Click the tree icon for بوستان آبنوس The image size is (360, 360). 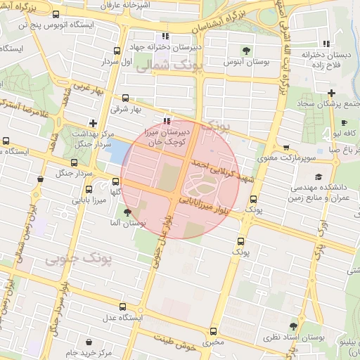click(247, 51)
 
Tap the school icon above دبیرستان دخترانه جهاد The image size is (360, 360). click(165, 36)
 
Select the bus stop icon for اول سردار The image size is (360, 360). click(117, 51)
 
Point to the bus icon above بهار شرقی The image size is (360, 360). click(126, 98)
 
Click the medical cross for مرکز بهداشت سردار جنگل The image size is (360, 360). click(92, 123)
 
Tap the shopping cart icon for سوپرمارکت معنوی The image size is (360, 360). click(285, 148)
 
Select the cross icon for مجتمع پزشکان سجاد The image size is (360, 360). click(332, 93)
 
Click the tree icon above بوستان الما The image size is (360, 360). click(127, 212)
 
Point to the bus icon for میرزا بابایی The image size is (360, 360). click(89, 189)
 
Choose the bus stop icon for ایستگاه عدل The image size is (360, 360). click(124, 307)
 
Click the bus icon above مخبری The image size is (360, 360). click(214, 332)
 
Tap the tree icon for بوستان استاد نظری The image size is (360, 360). click(293, 326)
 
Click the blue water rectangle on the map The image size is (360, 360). click(117, 151)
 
